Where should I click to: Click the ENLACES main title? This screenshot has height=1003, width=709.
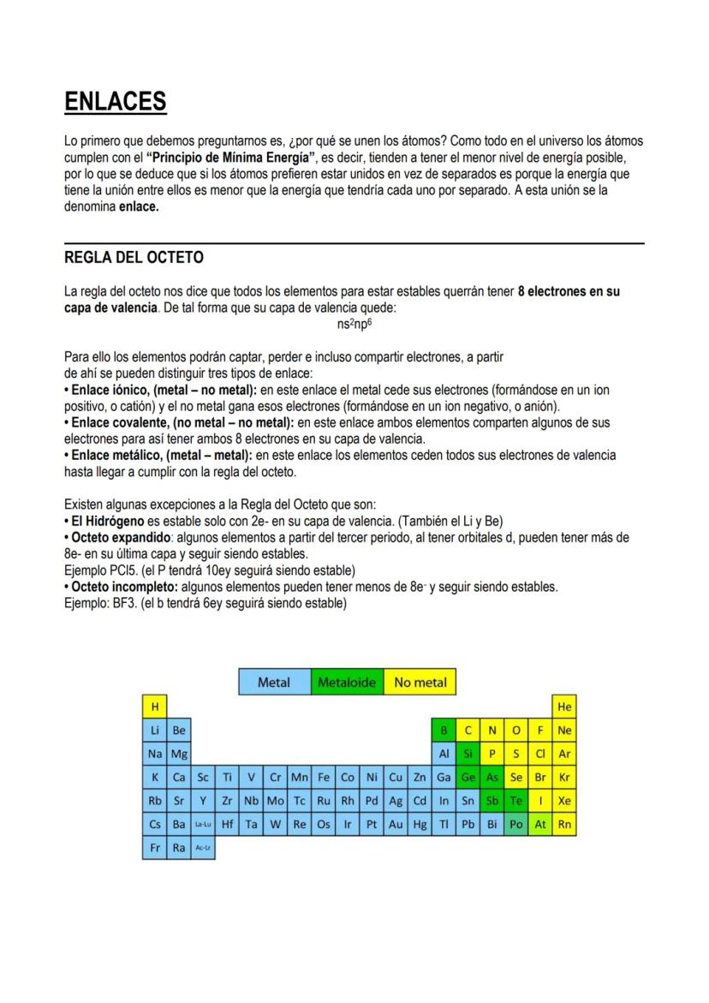pos(115,102)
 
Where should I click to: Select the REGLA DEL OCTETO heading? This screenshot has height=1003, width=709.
pos(134,258)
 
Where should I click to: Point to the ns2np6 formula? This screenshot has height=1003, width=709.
pos(354,325)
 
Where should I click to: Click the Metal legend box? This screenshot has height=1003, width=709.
pos(274,683)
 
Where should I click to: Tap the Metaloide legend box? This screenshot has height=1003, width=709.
pos(347,683)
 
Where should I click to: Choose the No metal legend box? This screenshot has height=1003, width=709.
pos(420,683)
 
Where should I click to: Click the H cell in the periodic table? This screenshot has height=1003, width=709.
pos(155,707)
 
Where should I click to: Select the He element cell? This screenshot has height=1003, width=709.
pos(564,707)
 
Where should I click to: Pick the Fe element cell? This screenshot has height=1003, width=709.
pos(324,778)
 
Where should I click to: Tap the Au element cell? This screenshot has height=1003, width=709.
pos(396,824)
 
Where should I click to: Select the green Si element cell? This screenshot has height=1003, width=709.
pos(468,755)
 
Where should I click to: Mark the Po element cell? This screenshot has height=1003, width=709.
pos(515,824)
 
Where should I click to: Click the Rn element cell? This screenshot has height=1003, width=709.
pos(564,824)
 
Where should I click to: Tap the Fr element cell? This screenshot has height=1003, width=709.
pos(155,848)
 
